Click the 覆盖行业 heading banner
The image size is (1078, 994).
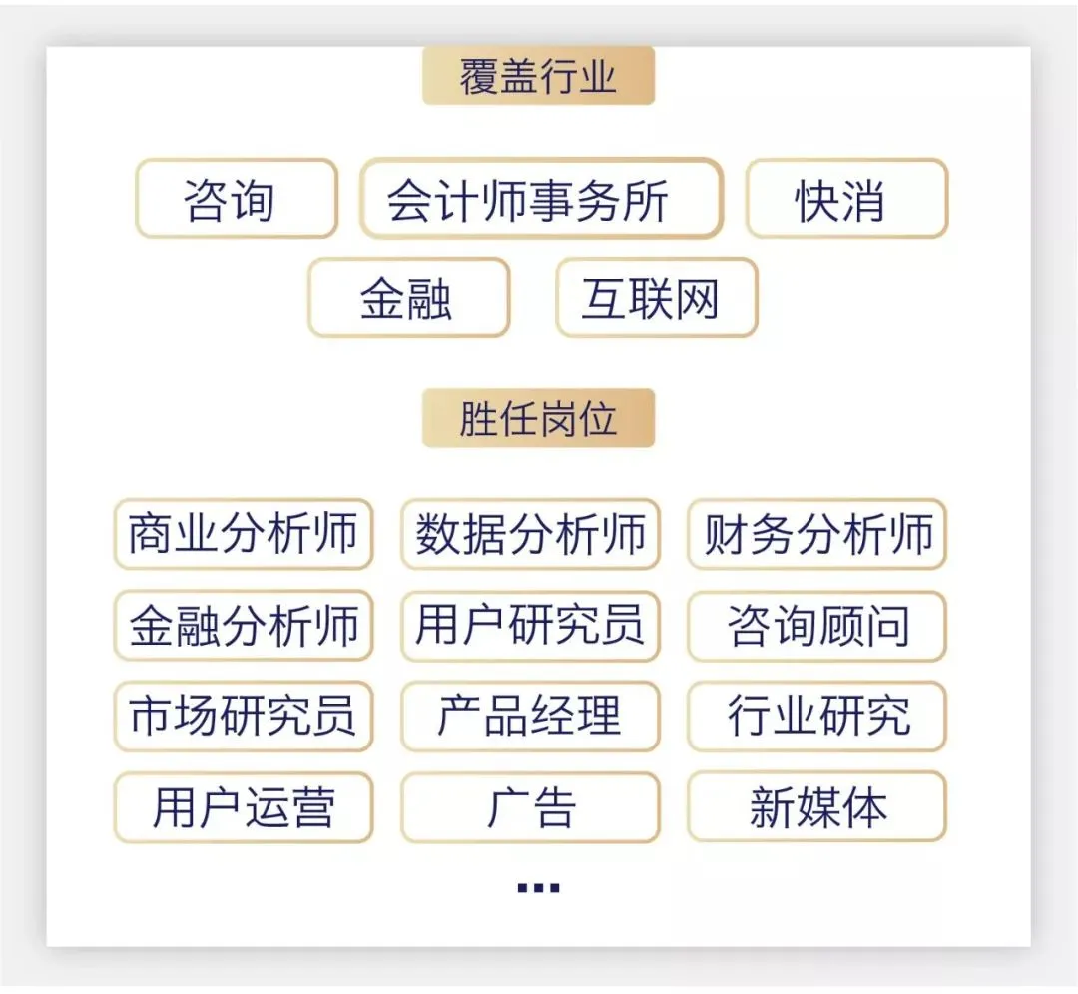coord(538,76)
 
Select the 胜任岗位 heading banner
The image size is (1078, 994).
coord(538,419)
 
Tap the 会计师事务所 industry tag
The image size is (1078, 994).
coord(541,199)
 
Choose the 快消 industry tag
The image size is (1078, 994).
coord(846,199)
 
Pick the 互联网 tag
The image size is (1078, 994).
coord(656,298)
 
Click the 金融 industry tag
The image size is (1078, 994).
coord(408,298)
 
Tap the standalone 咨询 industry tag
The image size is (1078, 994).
coord(237,199)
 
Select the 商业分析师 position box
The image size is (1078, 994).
coord(243,534)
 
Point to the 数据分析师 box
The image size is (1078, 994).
coord(530,534)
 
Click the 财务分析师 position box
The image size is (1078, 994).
coord(816,534)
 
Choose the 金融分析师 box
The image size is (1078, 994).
coord(243,626)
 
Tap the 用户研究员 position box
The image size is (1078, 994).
coord(530,626)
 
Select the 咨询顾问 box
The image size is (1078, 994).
coord(816,626)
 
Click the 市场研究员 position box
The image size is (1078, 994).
coord(243,716)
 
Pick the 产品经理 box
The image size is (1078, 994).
coord(530,716)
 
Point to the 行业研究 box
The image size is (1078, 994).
coord(816,716)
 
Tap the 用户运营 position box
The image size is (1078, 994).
coord(243,806)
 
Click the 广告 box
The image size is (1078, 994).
coord(530,806)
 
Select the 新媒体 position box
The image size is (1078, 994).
coord(816,806)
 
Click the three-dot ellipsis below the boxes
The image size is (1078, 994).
coord(538,887)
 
